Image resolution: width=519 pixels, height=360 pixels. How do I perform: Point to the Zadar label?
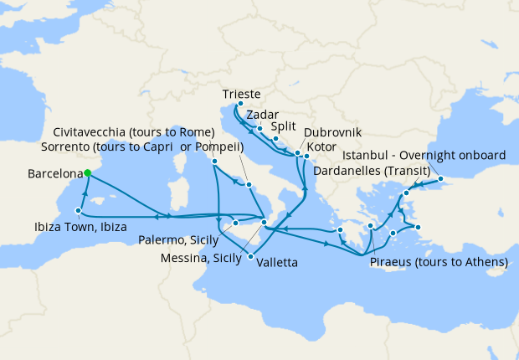(263, 116)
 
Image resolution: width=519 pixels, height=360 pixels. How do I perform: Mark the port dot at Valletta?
(250, 256)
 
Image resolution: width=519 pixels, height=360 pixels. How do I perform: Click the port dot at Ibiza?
(78, 211)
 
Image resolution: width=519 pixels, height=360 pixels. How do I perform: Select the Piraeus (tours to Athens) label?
(439, 262)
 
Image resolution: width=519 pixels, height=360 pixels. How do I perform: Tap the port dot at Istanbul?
(440, 178)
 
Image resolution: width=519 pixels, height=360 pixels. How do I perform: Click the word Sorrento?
(64, 147)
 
